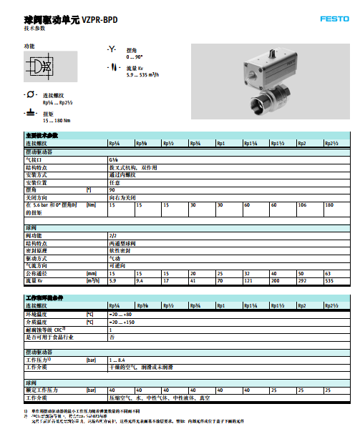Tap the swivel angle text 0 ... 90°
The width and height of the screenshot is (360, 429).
[135, 56]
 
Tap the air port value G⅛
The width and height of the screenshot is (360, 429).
[113, 159]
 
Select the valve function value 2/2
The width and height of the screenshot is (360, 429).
[112, 235]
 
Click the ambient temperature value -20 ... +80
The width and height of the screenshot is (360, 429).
[120, 313]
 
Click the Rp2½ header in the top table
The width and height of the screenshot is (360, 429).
[331, 144]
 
